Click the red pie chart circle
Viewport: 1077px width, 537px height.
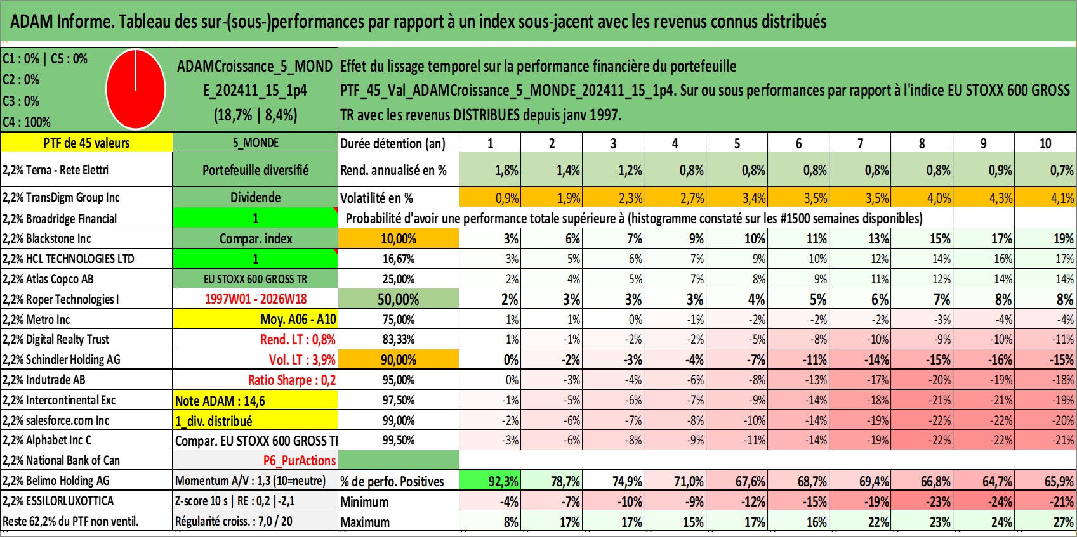pos(136,89)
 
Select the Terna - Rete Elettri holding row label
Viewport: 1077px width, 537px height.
pos(55,170)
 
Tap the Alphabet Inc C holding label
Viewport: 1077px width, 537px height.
pos(46,441)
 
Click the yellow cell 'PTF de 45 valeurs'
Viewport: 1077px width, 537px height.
pos(86,143)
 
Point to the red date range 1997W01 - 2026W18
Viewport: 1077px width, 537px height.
pos(256,299)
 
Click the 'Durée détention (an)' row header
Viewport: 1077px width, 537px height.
pos(393,143)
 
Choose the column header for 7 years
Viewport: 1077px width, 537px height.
pos(860,143)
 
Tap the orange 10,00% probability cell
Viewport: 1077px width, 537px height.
pos(399,238)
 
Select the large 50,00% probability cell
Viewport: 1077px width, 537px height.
pos(399,299)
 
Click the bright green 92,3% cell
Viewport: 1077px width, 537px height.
pos(490,481)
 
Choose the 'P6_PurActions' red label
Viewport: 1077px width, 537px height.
pos(300,461)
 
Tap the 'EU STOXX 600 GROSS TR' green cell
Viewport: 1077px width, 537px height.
pos(255,279)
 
